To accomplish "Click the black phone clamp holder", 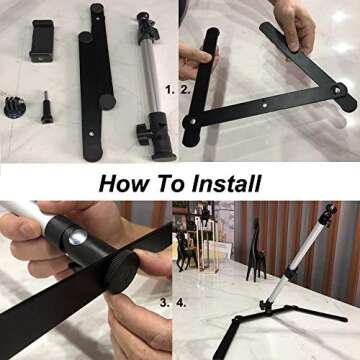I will [x=43, y=45].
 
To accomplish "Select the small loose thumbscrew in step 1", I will [x=46, y=105].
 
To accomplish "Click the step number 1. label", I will [x=171, y=89].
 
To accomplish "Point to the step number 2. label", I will [x=185, y=89].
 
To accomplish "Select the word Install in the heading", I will [x=223, y=184].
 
